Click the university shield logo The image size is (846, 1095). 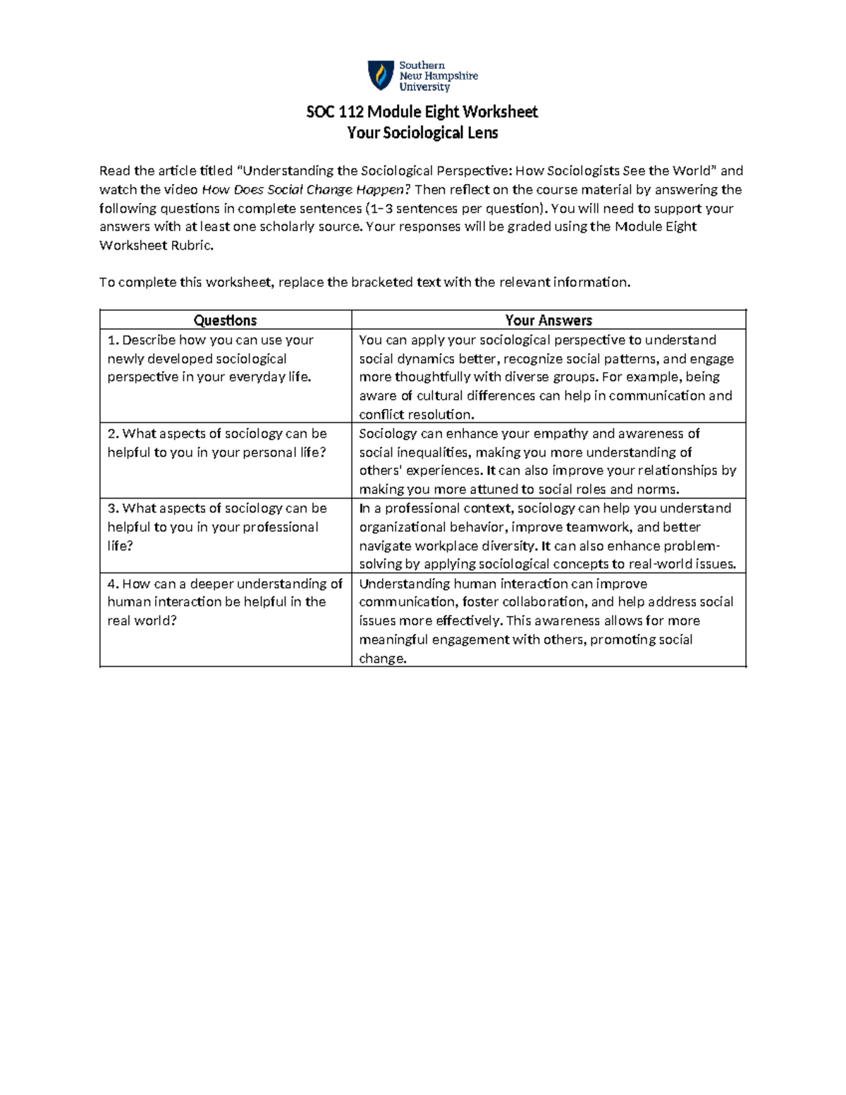click(381, 75)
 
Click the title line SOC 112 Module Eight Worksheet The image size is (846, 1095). click(422, 111)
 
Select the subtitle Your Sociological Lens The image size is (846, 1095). click(422, 133)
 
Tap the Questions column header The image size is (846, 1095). click(225, 320)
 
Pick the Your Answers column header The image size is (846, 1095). click(548, 320)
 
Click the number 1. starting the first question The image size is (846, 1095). click(113, 340)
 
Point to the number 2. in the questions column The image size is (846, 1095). click(113, 434)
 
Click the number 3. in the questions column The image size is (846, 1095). click(113, 508)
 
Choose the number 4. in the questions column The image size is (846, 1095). click(113, 584)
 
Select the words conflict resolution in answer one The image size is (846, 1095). click(417, 415)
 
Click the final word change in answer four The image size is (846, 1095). click(383, 659)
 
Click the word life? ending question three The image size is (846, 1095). click(120, 546)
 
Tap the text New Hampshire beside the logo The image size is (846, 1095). click(439, 76)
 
